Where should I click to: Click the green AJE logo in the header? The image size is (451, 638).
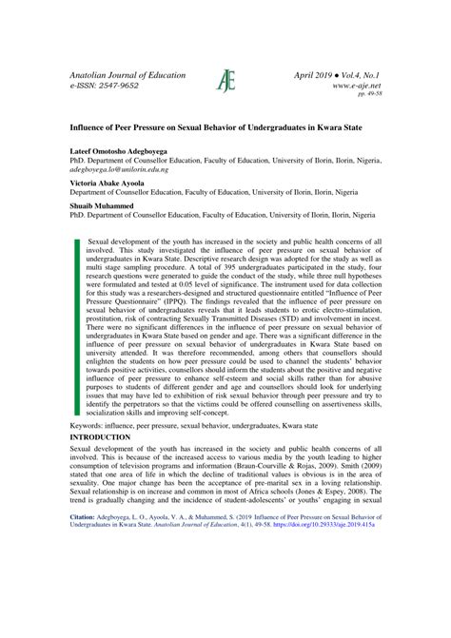[x=225, y=81]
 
